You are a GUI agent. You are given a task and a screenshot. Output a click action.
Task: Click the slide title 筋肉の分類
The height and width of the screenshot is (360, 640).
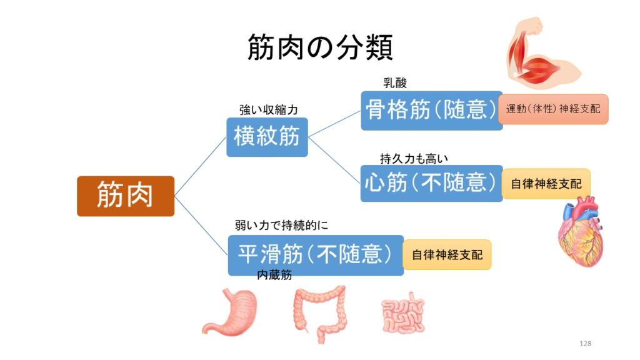320,47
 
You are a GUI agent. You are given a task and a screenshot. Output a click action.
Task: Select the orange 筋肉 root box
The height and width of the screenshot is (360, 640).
126,196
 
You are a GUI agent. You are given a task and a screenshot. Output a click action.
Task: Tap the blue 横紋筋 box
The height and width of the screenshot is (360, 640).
267,137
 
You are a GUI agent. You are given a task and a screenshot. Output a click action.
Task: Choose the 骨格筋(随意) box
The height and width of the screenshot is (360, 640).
431,111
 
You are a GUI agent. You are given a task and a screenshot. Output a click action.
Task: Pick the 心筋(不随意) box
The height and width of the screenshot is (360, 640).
431,183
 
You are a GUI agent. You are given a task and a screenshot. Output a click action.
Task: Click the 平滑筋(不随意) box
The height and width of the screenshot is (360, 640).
316,255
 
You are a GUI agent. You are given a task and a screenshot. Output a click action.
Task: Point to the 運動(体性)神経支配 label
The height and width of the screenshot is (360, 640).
553,109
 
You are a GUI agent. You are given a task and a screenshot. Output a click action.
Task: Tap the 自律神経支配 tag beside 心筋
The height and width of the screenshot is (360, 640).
546,184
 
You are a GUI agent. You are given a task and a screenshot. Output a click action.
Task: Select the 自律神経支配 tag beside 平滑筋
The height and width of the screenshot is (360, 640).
447,255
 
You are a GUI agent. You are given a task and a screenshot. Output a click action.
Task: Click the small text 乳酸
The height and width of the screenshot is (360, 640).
395,83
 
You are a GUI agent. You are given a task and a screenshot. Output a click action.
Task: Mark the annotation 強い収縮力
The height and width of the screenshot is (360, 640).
269,110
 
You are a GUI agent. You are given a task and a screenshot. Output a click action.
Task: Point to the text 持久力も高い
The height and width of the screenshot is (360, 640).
414,159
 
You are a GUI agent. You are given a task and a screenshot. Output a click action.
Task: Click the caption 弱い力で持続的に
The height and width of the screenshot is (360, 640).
281,225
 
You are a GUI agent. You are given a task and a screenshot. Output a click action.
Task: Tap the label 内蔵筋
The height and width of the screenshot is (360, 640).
274,275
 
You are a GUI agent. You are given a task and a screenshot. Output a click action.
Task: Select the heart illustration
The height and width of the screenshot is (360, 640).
581,232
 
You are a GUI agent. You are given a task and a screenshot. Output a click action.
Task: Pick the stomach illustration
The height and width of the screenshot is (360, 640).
231,312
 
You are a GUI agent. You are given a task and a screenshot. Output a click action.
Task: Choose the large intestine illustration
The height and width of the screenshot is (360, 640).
320,314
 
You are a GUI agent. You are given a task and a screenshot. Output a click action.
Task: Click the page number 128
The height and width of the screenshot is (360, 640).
585,344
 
